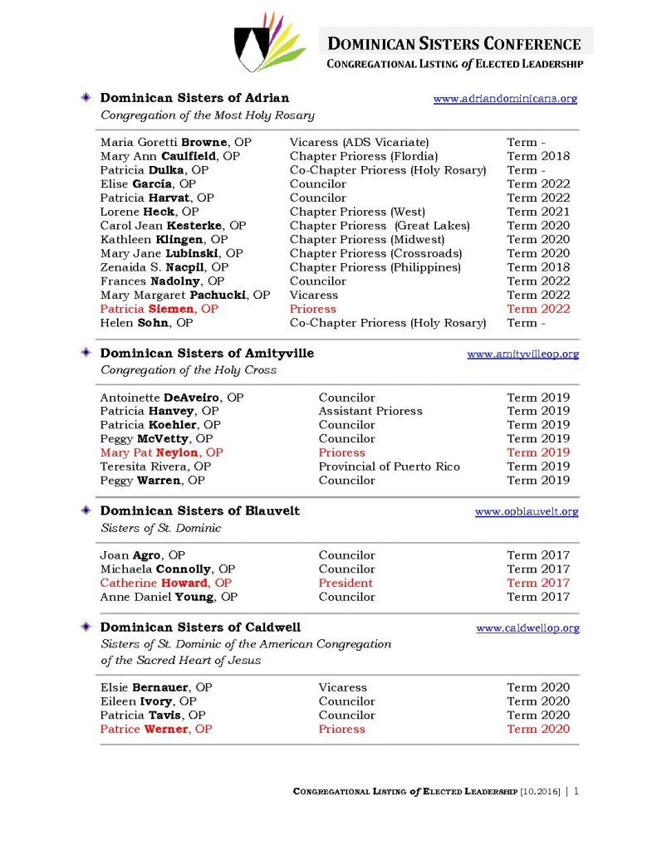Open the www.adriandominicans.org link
click(x=505, y=99)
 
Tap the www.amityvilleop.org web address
click(x=522, y=354)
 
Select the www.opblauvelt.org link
click(x=527, y=511)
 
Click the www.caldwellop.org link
click(x=527, y=628)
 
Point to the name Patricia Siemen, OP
click(x=159, y=309)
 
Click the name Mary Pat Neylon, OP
click(x=161, y=452)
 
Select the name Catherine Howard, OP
click(x=165, y=583)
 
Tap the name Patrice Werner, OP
click(x=156, y=729)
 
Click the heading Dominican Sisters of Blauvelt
click(x=199, y=510)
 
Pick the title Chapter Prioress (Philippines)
click(x=375, y=267)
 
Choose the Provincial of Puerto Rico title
click(x=389, y=467)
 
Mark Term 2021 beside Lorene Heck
click(x=538, y=212)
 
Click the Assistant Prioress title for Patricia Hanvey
click(x=370, y=411)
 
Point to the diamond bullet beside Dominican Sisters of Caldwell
click(x=86, y=627)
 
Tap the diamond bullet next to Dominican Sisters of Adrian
click(x=86, y=98)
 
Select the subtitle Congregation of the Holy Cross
click(x=189, y=370)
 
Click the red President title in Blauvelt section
click(x=346, y=583)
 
